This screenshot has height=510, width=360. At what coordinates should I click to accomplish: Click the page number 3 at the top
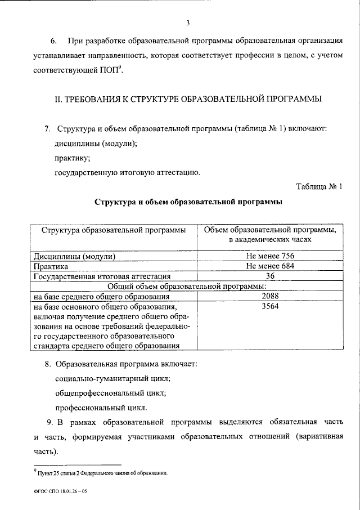pos(188,23)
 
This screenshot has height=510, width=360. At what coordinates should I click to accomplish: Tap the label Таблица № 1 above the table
pos(319,186)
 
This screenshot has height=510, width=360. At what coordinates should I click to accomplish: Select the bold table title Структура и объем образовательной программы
pos(188,201)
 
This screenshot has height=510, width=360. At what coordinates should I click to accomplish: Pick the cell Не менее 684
pos(270,266)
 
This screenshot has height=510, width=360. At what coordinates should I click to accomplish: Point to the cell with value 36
pos(270,276)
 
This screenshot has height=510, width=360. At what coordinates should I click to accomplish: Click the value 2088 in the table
pos(270,296)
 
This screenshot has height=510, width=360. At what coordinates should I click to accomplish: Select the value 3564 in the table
pos(270,306)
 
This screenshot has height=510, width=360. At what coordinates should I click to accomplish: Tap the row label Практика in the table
pos(51,266)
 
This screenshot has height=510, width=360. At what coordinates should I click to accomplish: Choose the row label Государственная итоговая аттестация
pos(101,276)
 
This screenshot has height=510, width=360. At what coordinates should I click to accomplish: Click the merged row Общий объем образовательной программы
pos(187,286)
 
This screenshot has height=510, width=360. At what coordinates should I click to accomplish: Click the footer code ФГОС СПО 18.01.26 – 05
pos(60,491)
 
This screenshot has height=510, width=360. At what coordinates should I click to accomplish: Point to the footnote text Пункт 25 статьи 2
pos(101,472)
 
